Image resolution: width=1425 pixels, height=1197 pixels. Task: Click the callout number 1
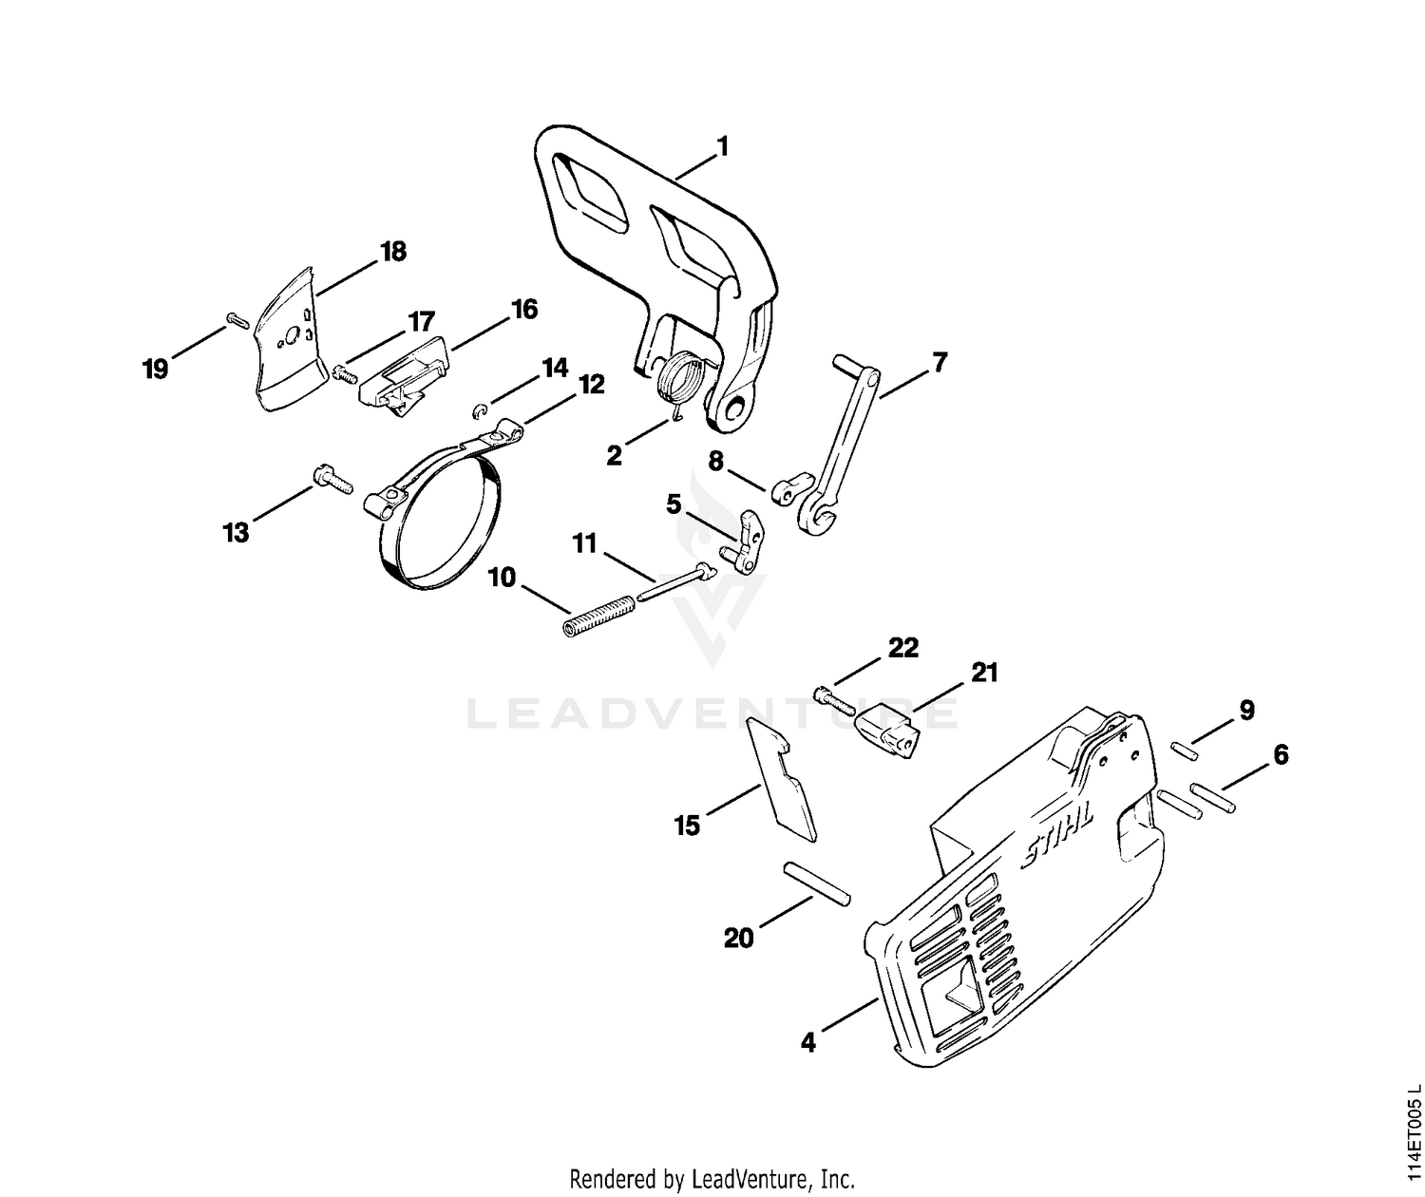(723, 146)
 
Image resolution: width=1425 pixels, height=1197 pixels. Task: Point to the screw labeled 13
(332, 478)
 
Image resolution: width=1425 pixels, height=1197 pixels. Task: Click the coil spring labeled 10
(596, 616)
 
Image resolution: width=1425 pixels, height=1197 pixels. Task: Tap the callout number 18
(393, 252)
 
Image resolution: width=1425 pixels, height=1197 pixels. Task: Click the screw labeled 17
(346, 373)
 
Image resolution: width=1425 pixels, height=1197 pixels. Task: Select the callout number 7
(940, 362)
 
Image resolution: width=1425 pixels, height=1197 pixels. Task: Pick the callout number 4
(808, 1042)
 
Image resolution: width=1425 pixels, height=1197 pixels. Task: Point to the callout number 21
(984, 673)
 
